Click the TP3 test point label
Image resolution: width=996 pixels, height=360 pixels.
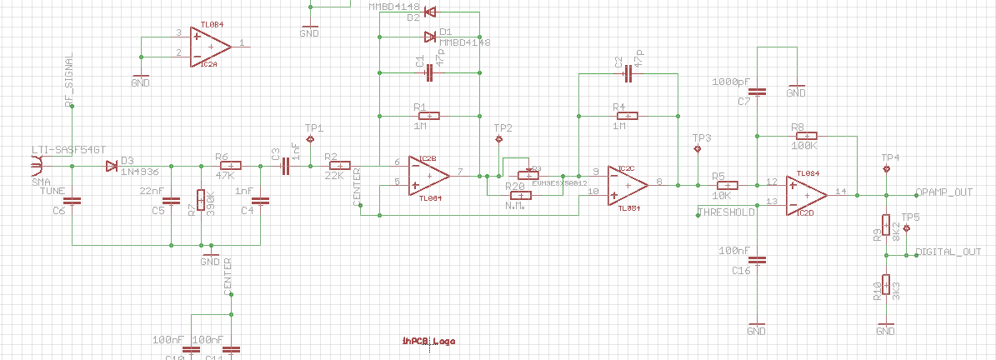(702, 137)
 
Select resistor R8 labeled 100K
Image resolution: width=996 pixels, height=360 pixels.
(806, 135)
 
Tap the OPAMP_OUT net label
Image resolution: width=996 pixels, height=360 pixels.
(943, 192)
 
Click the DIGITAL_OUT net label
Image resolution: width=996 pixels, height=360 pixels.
(948, 251)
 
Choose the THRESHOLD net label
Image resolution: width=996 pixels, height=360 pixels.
(726, 212)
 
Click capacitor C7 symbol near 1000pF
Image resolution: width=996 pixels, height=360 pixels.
(757, 92)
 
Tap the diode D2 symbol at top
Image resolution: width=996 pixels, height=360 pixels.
(430, 12)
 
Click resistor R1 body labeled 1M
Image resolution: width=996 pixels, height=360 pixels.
(429, 116)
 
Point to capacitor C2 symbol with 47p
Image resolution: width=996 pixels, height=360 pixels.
(628, 74)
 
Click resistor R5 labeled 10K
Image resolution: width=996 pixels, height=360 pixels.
(728, 186)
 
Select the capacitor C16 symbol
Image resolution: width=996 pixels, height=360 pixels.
(757, 259)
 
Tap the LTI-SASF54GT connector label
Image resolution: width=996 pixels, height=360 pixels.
(68, 149)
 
